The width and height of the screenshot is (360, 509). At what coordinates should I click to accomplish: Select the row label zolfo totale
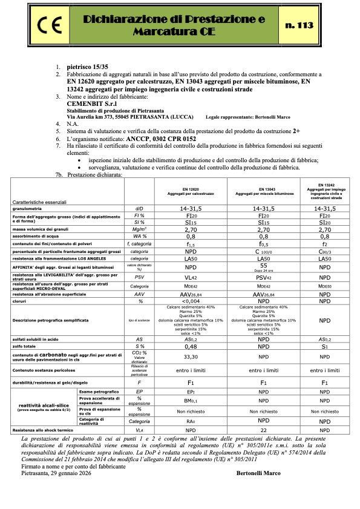26,347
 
